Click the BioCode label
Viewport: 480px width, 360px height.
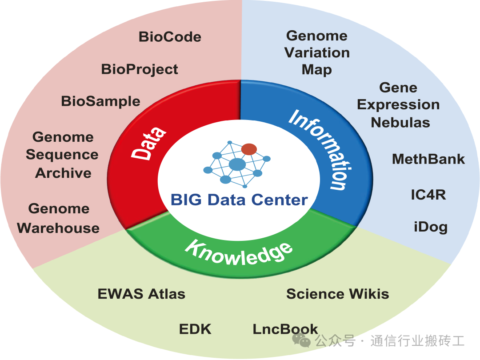pos(170,36)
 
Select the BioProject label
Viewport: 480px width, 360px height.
pos(140,69)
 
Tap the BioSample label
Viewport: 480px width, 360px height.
pos(100,101)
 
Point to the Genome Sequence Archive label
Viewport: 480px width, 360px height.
pos(62,155)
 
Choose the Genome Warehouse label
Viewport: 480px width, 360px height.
pos(58,218)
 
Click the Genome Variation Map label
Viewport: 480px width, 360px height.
pos(317,52)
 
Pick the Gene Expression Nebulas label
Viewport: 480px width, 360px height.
pos(399,105)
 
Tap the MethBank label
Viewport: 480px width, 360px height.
pos(428,159)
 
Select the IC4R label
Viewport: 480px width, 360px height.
pos(428,195)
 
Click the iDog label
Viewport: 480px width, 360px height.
pos(431,227)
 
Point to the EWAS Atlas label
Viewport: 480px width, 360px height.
pos(141,294)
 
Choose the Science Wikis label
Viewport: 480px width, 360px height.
pos(337,294)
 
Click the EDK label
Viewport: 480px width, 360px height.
pos(195,329)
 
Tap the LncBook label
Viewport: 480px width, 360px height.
pos(285,329)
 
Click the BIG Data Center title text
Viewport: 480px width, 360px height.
pos(239,200)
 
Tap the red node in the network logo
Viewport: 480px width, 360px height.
pos(249,149)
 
